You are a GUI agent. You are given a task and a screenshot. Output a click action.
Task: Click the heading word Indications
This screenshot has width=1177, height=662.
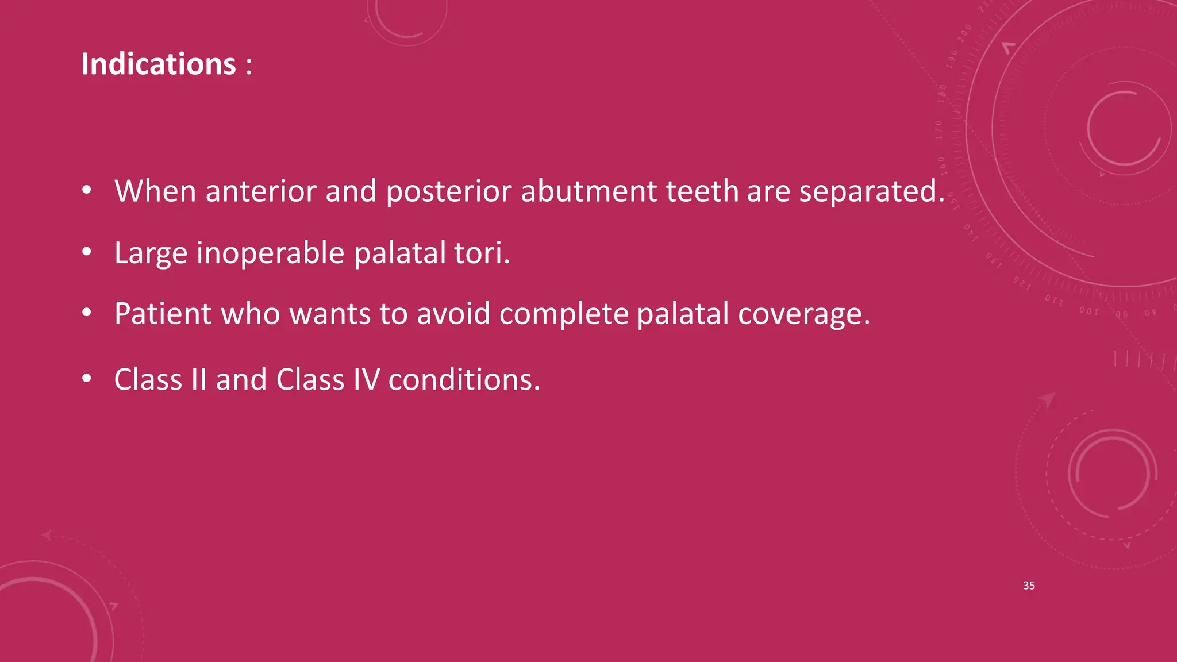tap(158, 64)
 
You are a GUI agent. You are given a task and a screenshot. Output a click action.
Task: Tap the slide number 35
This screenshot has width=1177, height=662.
tap(1029, 586)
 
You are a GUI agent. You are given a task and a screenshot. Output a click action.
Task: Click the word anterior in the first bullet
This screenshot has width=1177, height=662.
tap(261, 191)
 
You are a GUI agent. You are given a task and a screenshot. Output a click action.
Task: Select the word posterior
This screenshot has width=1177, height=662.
tap(448, 191)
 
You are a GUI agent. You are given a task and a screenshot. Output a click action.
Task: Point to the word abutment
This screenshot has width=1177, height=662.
tap(588, 191)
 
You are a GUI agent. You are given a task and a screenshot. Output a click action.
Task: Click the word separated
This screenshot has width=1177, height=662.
tap(871, 191)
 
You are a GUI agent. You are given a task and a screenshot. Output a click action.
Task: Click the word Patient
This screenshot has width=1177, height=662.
tap(163, 314)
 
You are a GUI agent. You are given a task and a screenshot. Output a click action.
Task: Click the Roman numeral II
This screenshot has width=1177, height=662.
tap(198, 380)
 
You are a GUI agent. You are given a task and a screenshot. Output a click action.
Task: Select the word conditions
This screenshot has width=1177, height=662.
tap(464, 380)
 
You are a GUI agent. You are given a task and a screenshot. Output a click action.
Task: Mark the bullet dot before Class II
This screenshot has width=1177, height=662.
tap(87, 378)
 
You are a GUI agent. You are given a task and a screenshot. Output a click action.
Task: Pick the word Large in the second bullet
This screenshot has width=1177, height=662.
tap(151, 253)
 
